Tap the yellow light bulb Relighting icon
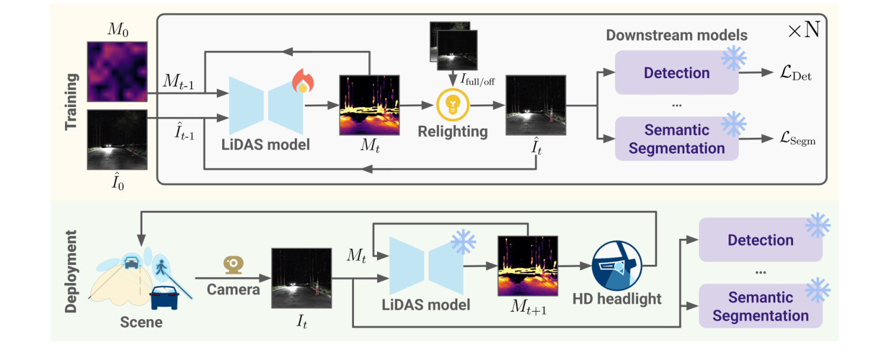[452, 105]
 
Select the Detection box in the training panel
[677, 73]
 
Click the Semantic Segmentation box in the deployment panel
[761, 306]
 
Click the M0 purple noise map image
[117, 70]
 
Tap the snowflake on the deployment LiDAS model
[463, 241]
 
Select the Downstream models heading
[676, 35]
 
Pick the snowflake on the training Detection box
[733, 57]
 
